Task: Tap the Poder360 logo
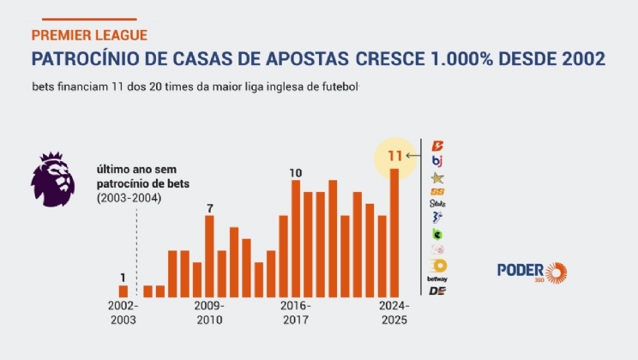532,272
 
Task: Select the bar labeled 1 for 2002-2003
123,291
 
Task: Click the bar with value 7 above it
209,255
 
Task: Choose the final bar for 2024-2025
394,232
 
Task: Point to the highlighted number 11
395,156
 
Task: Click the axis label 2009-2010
208,313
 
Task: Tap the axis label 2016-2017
296,313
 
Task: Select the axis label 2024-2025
394,313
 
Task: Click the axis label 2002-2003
123,313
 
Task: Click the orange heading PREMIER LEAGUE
88,35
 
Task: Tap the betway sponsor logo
437,279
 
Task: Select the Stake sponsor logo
437,204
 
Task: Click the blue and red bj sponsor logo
437,160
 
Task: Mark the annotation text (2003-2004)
129,198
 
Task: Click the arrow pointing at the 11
412,156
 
